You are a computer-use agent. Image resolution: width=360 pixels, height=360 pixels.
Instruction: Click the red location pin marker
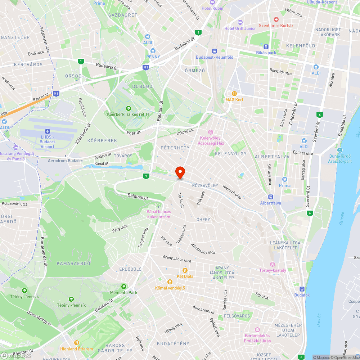click(180, 172)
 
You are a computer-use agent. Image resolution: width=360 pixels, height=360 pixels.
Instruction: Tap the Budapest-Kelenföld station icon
click(215, 51)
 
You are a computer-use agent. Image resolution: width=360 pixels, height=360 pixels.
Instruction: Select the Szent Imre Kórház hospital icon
click(276, 19)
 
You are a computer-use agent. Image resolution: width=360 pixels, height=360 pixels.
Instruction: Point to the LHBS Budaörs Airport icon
click(47, 131)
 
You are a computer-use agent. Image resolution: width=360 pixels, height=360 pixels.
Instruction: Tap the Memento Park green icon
click(124, 287)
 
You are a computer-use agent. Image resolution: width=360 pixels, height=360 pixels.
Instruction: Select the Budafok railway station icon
click(302, 289)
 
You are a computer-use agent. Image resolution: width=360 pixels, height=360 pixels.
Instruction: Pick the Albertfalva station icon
click(271, 197)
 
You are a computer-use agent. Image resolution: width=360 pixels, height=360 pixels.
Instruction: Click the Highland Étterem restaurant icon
click(76, 343)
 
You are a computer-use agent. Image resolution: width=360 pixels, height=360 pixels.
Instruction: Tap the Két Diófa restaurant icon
click(185, 270)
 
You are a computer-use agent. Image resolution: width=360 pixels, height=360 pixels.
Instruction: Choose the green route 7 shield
click(146, 176)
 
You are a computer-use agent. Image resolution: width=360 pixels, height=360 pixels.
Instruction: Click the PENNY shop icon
click(153, 51)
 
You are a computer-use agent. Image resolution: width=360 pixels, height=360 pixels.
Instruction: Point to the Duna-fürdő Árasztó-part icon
click(340, 150)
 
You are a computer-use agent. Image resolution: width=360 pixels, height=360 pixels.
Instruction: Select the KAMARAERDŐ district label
click(73, 264)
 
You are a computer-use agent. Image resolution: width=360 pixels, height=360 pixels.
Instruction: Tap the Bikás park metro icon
click(266, 46)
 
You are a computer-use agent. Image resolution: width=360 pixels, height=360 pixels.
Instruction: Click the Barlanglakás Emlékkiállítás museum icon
click(257, 329)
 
